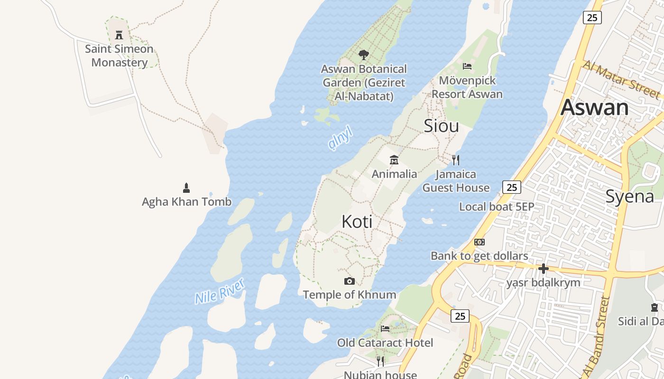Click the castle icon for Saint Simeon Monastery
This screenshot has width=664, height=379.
click(119, 35)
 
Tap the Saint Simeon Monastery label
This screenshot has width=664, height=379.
click(119, 55)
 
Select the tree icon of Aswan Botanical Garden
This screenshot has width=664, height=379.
click(364, 55)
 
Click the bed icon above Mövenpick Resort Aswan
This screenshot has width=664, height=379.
click(467, 66)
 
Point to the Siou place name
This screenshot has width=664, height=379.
click(441, 126)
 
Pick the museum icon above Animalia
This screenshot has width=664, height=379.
click(394, 160)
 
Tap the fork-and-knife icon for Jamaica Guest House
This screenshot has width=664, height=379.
click(456, 160)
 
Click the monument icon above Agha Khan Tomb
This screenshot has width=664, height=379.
click(186, 188)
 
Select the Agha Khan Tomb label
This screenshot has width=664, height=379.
click(186, 202)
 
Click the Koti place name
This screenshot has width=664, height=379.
click(357, 222)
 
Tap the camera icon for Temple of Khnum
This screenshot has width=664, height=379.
click(350, 281)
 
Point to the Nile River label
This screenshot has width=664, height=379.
click(220, 291)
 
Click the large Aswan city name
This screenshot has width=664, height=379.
click(595, 108)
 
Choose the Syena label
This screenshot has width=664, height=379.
click(630, 196)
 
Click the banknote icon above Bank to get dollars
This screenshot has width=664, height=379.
click(480, 242)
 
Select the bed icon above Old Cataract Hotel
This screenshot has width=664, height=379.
click(385, 328)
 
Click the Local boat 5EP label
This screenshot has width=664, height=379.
click(497, 207)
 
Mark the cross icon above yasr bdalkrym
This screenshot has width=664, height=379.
click(544, 269)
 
